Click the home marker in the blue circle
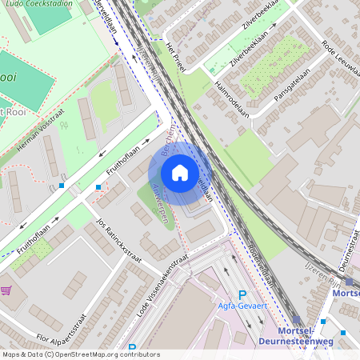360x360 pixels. [180, 172]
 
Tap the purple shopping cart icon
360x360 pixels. [6, 290]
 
